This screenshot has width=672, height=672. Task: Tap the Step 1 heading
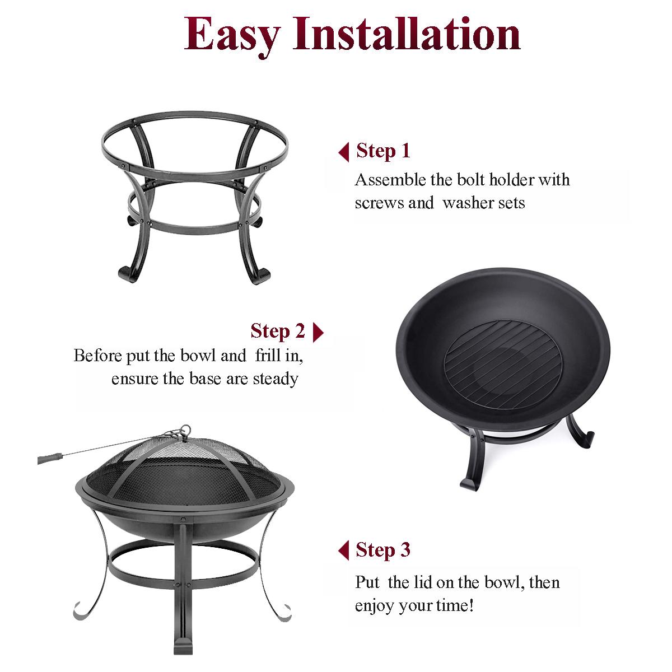(x=383, y=151)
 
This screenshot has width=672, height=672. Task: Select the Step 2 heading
(x=278, y=331)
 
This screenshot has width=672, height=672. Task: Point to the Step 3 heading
(x=383, y=550)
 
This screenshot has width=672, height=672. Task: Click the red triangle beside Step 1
(x=344, y=152)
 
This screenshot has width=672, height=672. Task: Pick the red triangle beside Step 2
(x=318, y=332)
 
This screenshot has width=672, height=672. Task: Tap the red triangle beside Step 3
(x=344, y=550)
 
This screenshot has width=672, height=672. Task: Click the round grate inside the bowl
(x=503, y=365)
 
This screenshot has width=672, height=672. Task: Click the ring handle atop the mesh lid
(x=185, y=430)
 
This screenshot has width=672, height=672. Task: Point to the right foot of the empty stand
(x=261, y=276)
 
